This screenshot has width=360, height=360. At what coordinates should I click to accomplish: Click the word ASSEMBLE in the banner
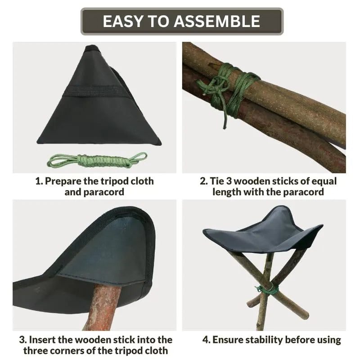[217, 21]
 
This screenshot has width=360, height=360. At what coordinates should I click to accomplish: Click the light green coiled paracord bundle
[97, 160]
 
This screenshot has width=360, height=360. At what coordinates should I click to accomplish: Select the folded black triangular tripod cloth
[99, 96]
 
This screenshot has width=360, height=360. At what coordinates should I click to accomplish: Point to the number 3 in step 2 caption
[229, 181]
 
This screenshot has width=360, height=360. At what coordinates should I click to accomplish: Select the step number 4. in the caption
[207, 340]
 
